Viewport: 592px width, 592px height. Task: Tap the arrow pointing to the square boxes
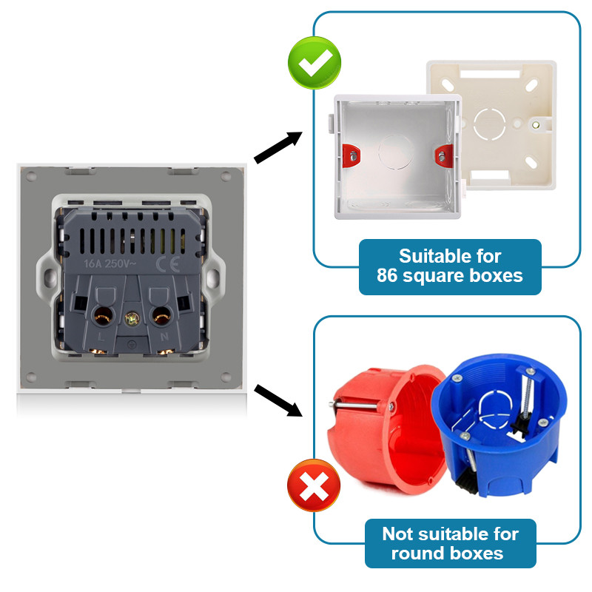click(x=279, y=147)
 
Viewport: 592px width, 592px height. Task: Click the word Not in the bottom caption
click(x=400, y=534)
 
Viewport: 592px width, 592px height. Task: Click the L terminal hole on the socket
click(x=99, y=317)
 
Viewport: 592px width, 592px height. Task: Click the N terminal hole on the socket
click(x=161, y=317)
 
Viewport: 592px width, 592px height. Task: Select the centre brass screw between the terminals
click(x=131, y=319)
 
